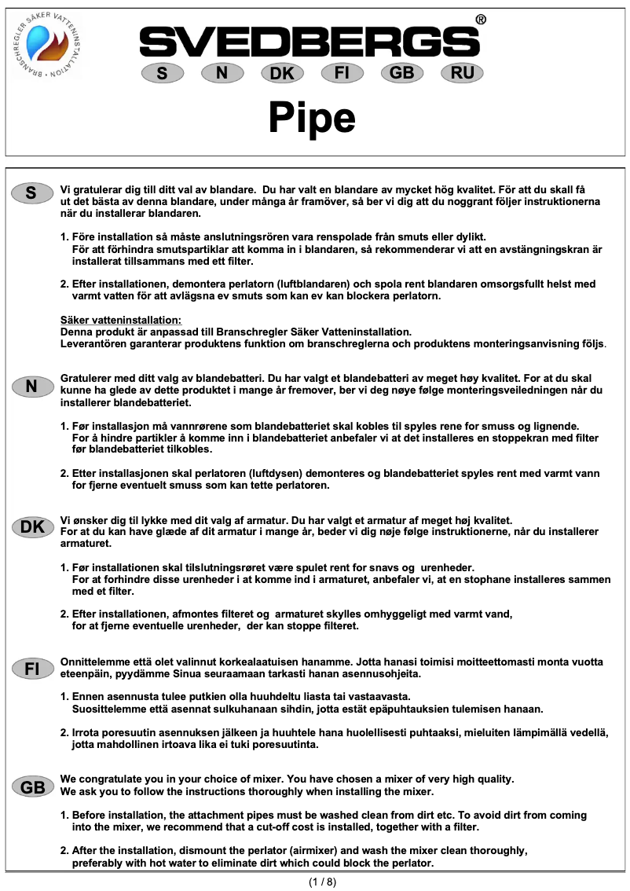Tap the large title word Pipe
pyautogui.click(x=312, y=117)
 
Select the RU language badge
pyautogui.click(x=463, y=73)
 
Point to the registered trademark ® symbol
pyautogui.click(x=481, y=20)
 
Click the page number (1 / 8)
pyautogui.click(x=322, y=882)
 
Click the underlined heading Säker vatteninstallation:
pyautogui.click(x=121, y=320)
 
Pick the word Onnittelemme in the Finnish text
pyautogui.click(x=93, y=662)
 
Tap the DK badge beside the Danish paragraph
pyautogui.click(x=32, y=527)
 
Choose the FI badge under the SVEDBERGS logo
pyautogui.click(x=342, y=73)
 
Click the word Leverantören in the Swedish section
pyautogui.click(x=93, y=343)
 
